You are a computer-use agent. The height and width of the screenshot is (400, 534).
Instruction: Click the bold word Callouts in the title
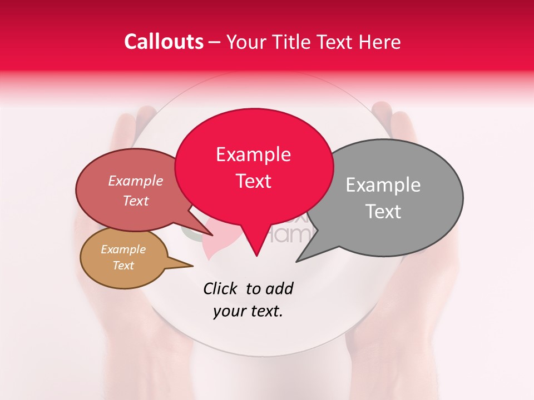pos(164,42)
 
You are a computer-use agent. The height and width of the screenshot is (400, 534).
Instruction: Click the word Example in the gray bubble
pos(383,185)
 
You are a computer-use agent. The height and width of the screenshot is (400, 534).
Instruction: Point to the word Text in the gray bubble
pos(383,212)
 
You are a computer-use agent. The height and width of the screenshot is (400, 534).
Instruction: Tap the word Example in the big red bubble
pos(253,154)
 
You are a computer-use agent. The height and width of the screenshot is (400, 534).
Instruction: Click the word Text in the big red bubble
pos(253,181)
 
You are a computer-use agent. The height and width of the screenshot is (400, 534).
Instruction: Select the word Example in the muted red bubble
pos(135,181)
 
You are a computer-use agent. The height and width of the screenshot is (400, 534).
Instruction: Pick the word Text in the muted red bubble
pos(135,201)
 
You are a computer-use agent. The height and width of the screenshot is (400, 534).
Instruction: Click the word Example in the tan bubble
pos(123,249)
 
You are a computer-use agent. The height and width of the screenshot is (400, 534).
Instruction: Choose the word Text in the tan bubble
pos(123,266)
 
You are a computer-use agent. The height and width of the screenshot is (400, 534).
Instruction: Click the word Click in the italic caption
pos(221,288)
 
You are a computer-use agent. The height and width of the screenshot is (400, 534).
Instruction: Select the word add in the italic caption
pos(280,288)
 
